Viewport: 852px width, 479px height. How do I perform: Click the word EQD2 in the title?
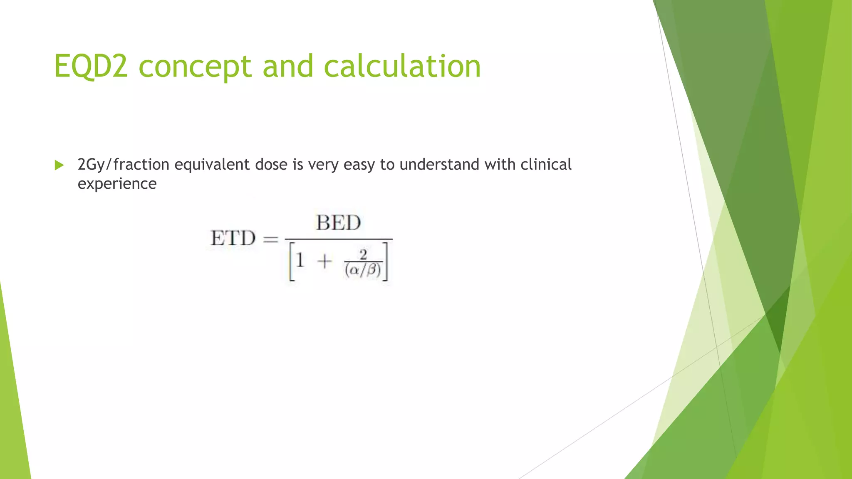click(91, 66)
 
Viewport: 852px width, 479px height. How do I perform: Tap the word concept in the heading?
click(195, 66)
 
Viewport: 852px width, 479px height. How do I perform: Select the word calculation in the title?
click(402, 66)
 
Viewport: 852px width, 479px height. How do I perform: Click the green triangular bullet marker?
click(59, 165)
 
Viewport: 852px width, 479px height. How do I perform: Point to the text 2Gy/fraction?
click(123, 165)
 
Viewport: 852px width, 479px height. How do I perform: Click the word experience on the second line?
click(117, 184)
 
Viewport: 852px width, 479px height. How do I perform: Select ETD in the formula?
click(233, 239)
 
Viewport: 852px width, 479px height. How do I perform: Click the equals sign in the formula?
click(270, 239)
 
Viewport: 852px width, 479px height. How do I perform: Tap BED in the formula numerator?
click(338, 223)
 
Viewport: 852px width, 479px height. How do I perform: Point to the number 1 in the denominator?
click(300, 261)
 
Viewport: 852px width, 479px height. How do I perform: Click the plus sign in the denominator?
click(324, 262)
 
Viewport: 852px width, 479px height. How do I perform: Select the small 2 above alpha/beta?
click(363, 254)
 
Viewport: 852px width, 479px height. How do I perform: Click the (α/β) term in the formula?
click(363, 270)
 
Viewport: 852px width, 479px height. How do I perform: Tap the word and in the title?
click(287, 66)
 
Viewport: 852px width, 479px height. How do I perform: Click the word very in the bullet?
click(323, 165)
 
